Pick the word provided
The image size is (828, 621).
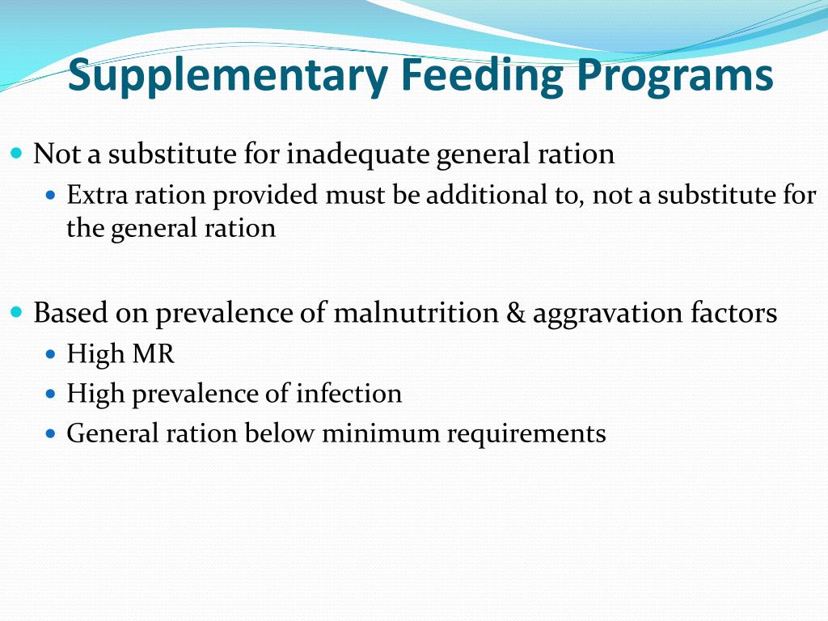(x=267, y=195)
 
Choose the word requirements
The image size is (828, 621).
(x=527, y=433)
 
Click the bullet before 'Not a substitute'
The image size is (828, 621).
(x=19, y=153)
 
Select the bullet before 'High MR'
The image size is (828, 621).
(x=53, y=354)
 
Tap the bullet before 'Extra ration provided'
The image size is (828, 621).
(x=53, y=195)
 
